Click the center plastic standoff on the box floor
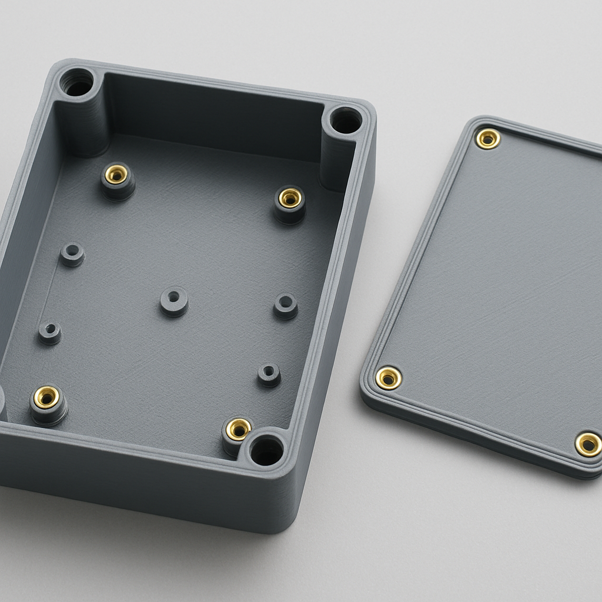(174, 300)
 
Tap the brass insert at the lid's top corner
(487, 139)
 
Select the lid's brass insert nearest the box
(388, 378)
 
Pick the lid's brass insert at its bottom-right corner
(587, 444)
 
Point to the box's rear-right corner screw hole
(345, 121)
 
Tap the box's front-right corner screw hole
(266, 450)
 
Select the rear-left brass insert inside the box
(116, 175)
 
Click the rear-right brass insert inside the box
(290, 199)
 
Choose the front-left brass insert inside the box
(46, 397)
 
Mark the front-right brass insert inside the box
(238, 429)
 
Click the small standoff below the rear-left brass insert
(72, 254)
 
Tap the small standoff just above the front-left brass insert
(50, 332)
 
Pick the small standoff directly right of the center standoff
(286, 306)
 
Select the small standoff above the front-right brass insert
(269, 374)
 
